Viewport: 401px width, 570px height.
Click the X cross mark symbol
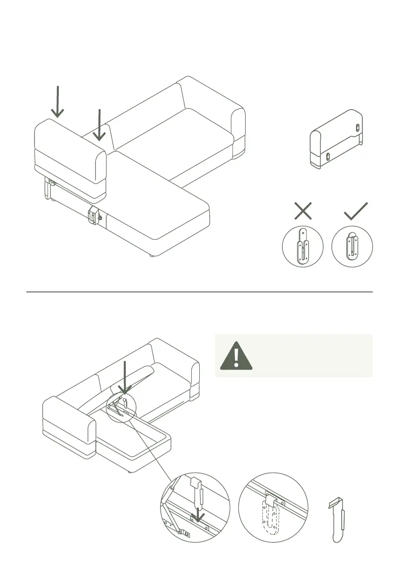tap(303, 211)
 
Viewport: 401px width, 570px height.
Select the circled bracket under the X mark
tap(303, 246)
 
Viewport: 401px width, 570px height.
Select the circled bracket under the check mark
tap(352, 246)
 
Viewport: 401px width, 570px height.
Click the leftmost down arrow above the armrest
tap(58, 101)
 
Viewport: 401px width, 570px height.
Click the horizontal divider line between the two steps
tap(199, 291)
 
